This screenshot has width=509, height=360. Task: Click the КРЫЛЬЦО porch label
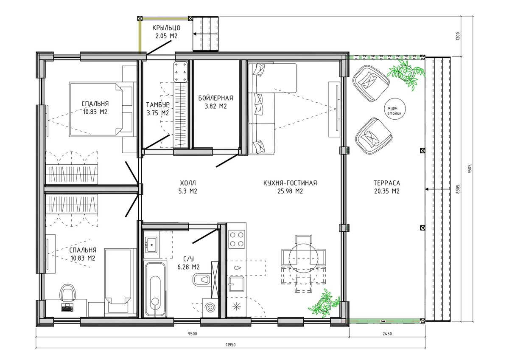tap(166, 28)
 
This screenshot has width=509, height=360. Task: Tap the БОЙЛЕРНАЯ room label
tap(215, 98)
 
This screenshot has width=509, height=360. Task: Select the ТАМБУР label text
tap(158, 105)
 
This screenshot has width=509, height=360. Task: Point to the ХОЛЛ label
tap(187, 183)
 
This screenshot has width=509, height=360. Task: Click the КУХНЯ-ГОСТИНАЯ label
tap(290, 183)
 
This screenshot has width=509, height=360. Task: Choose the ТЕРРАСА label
tap(387, 183)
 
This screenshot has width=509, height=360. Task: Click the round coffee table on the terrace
tap(395, 109)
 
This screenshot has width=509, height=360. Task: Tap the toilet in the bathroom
tap(201, 279)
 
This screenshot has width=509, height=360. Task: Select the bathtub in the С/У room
tap(155, 289)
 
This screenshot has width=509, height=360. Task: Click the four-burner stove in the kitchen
tap(237, 239)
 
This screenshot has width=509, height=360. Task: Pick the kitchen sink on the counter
tap(236, 284)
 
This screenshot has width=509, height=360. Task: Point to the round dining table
tap(303, 258)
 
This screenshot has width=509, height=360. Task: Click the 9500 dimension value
tap(193, 334)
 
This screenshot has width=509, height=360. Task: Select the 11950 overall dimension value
tap(230, 345)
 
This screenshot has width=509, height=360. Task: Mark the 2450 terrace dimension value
tap(387, 334)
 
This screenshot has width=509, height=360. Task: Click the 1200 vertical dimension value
tap(458, 36)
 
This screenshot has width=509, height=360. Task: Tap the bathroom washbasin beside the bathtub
tap(151, 245)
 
